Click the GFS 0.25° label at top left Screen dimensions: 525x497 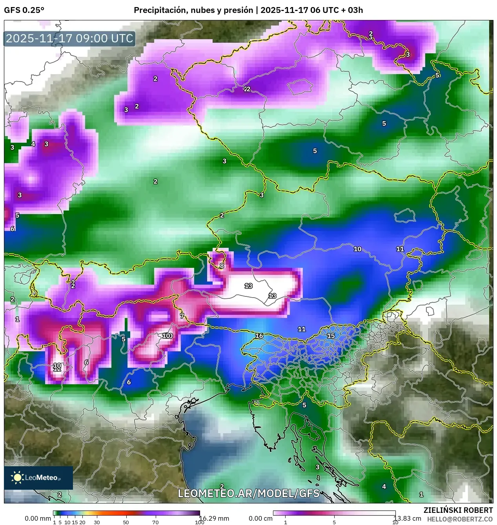tap(24, 10)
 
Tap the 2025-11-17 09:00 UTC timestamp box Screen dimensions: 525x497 tap(69, 38)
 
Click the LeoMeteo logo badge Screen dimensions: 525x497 tap(38, 478)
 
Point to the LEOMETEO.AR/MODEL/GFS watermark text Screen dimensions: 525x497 tap(249, 493)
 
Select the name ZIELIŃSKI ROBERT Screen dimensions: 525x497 tap(458, 510)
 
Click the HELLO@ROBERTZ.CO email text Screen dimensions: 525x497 tap(460, 519)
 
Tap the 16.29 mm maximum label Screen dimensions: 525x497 tap(214, 518)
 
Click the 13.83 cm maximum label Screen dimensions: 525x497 tap(407, 518)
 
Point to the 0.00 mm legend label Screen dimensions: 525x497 tap(38, 518)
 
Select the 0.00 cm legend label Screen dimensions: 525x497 tap(260, 518)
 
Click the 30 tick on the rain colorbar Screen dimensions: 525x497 tap(97, 522)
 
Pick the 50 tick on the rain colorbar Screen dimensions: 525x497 tap(126, 522)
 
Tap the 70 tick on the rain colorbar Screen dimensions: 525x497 tap(155, 522)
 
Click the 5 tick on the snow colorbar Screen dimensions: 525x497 tap(334, 522)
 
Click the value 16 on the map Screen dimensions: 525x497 tap(259, 336)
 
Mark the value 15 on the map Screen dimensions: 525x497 tap(331, 336)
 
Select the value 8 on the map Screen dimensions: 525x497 tap(222, 266)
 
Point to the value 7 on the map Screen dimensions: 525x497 tap(182, 316)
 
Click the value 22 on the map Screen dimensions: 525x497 tap(247, 89)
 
